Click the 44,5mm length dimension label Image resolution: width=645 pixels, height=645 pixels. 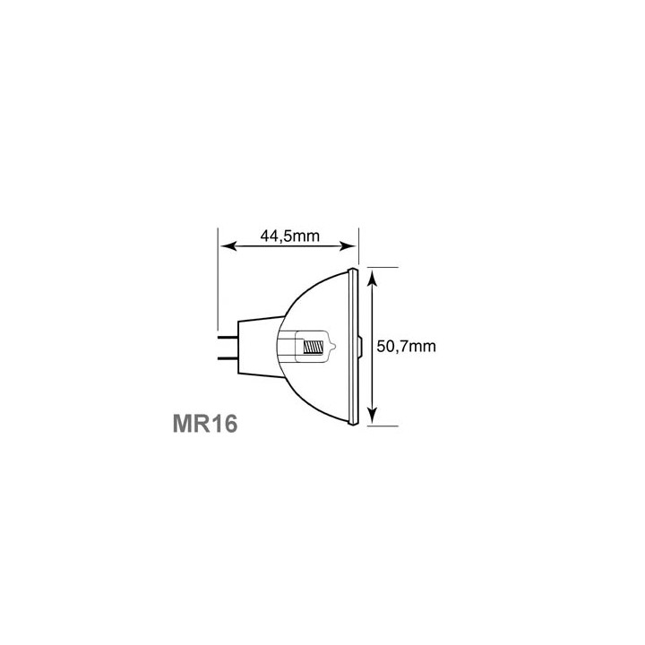[x=289, y=236]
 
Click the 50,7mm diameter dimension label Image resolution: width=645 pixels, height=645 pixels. [x=406, y=347]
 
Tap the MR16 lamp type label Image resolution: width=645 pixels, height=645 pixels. [x=205, y=423]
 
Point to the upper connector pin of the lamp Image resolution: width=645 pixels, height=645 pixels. [x=228, y=338]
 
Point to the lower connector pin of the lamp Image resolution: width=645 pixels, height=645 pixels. [x=228, y=357]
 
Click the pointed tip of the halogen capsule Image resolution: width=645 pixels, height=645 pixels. [x=334, y=348]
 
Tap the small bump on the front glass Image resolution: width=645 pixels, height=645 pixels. [x=361, y=347]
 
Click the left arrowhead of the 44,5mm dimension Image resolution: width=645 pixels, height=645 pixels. [x=228, y=246]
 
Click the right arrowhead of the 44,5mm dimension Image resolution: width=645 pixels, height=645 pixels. [x=348, y=246]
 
